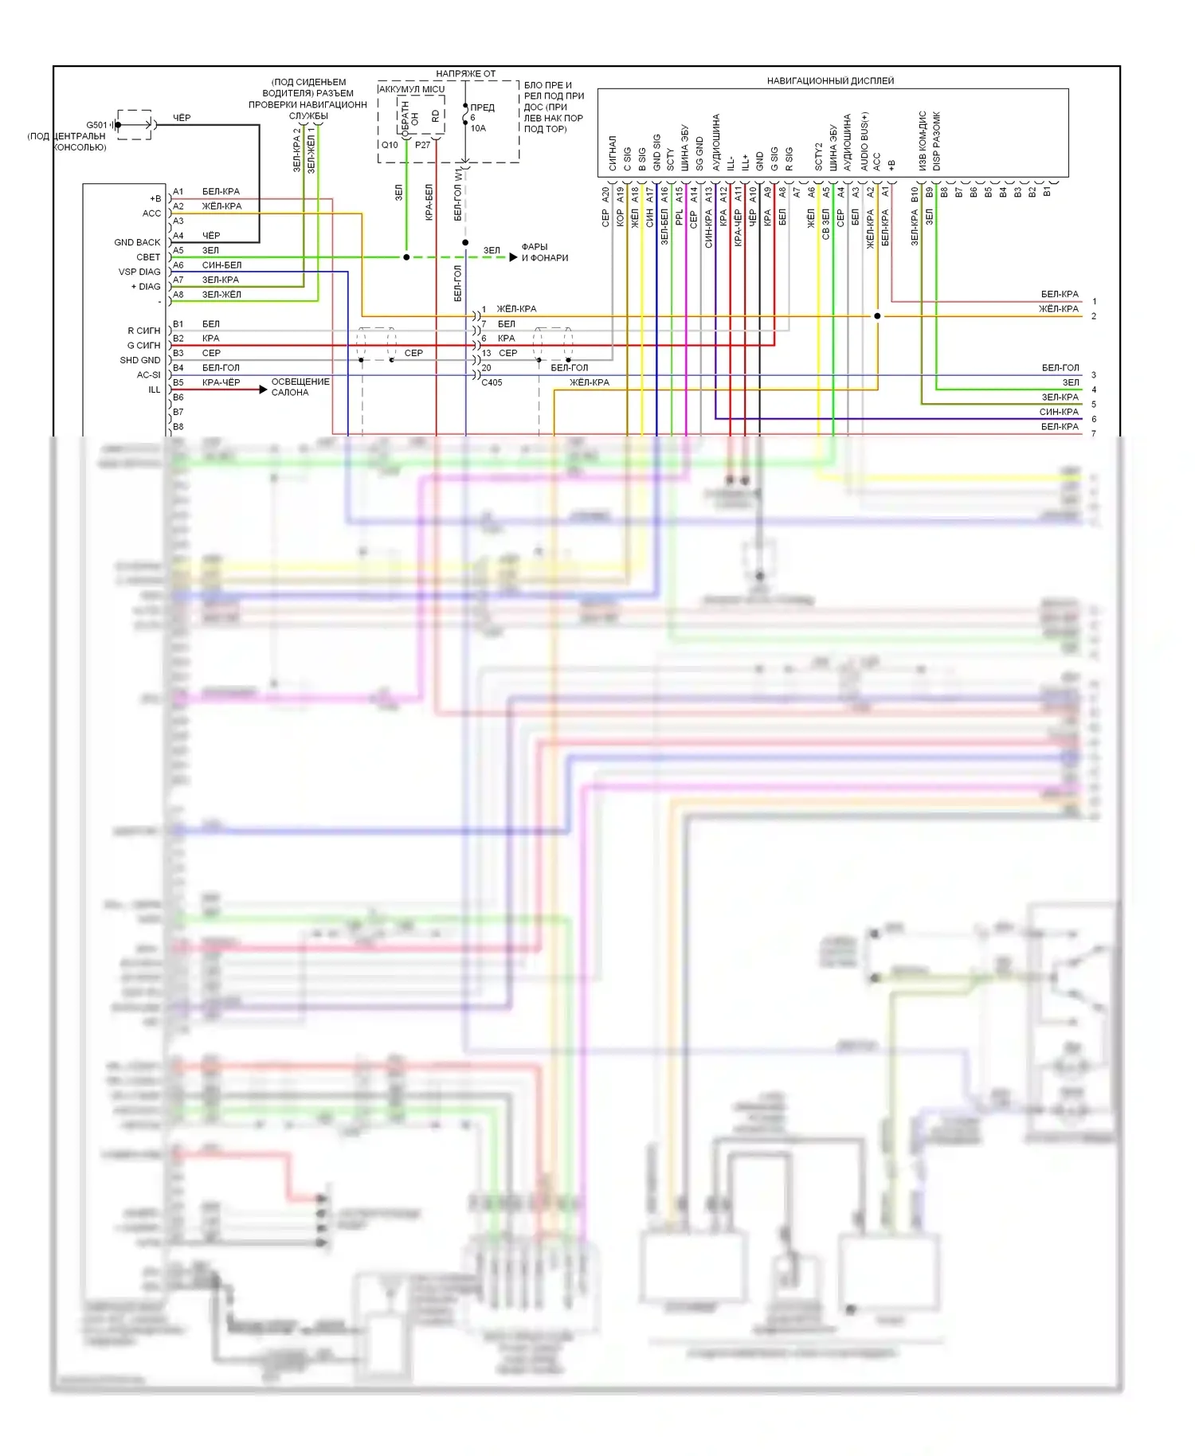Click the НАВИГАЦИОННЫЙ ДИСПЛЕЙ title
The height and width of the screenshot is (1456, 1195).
tap(830, 80)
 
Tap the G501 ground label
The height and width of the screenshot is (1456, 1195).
tap(96, 125)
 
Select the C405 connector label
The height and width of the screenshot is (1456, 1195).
tap(492, 382)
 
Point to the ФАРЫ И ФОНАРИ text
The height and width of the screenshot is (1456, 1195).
tap(545, 252)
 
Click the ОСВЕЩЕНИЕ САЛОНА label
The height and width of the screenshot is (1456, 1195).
tap(300, 387)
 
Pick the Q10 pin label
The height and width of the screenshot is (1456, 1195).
tap(390, 145)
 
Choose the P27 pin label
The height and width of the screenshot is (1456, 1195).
tap(422, 145)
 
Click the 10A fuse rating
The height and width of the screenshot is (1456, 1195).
tap(478, 128)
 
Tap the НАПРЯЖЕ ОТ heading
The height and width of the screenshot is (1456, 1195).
tap(465, 74)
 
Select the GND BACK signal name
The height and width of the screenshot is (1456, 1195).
tap(137, 242)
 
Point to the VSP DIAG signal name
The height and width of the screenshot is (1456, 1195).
tap(139, 272)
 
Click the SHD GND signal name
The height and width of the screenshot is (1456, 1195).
tap(140, 360)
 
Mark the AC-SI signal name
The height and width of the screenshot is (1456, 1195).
tap(148, 374)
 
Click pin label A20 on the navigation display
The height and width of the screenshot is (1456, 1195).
tap(605, 194)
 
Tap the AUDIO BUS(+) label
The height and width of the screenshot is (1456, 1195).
tap(864, 141)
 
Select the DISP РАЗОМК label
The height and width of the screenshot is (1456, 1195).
tap(937, 141)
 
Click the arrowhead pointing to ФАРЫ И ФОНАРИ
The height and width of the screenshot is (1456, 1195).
tap(514, 257)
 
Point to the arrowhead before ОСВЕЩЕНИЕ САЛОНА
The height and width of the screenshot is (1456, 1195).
tap(263, 389)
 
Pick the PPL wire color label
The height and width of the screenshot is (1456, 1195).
tap(679, 217)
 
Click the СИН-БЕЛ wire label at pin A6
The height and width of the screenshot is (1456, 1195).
tap(221, 265)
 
